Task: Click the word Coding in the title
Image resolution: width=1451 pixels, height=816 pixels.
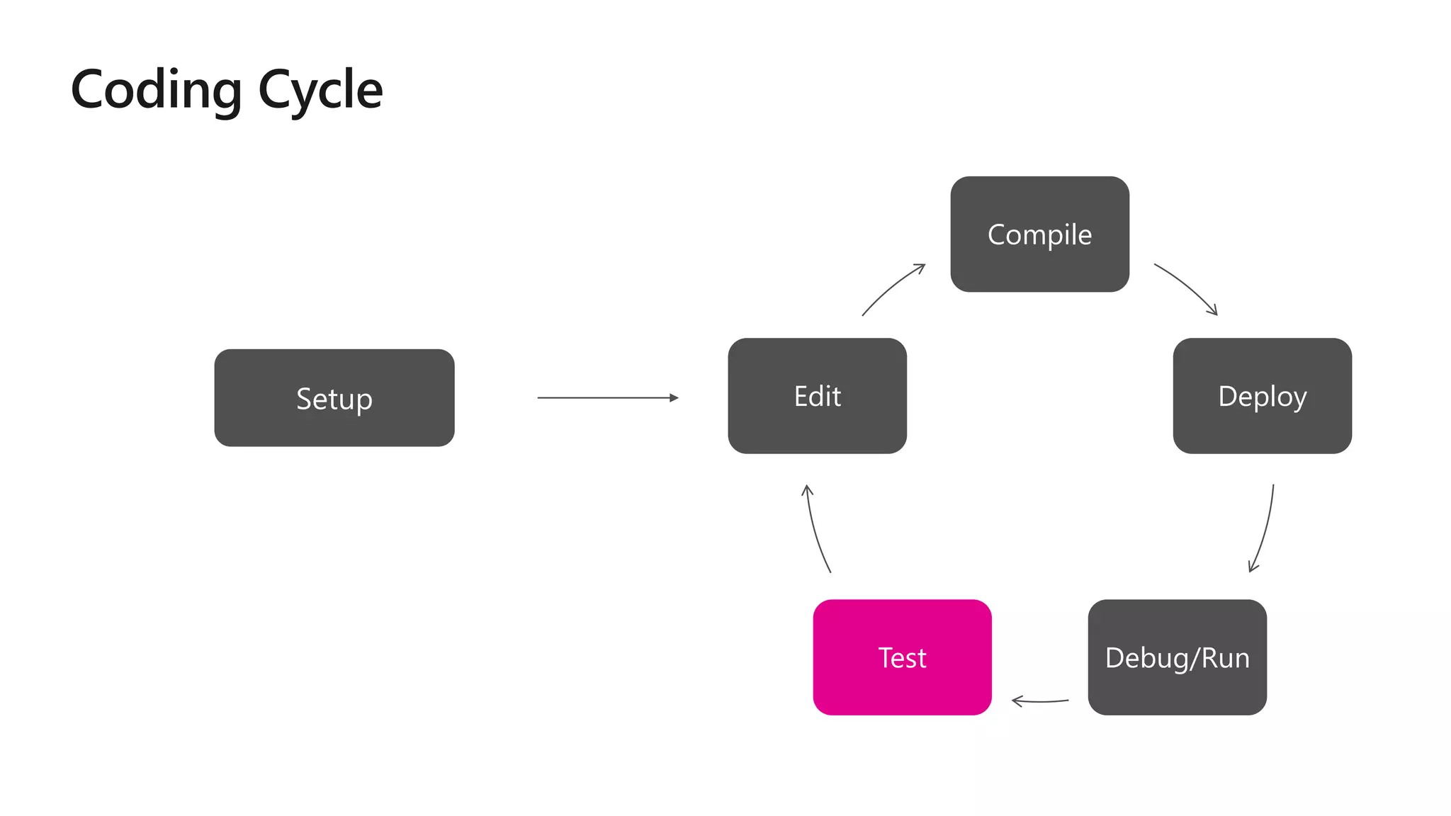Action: coord(157,91)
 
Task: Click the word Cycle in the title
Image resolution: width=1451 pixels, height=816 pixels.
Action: coord(320,91)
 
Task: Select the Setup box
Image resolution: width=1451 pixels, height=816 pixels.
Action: coord(334,397)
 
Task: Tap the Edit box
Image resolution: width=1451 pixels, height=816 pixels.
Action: coord(817,396)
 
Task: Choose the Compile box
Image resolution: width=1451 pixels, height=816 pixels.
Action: coord(1039,234)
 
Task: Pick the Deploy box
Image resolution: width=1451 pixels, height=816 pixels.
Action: coord(1262,396)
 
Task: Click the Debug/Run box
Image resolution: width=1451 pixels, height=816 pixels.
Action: coord(1177,657)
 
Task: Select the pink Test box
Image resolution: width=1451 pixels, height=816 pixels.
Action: coord(902,657)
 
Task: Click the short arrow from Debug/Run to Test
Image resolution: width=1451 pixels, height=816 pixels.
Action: coord(1039,701)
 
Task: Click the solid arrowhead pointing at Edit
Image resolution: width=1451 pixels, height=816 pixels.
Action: coord(674,398)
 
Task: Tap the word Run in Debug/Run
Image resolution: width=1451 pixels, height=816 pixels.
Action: coord(1226,658)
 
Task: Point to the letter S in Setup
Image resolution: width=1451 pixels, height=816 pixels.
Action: coord(304,399)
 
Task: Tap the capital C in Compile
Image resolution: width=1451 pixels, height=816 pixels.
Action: coord(998,234)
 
